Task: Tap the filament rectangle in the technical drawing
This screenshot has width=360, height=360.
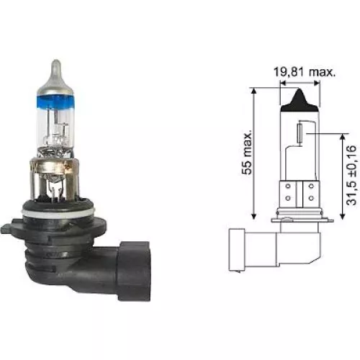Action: click(300, 132)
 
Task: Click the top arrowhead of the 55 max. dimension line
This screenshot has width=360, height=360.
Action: click(255, 89)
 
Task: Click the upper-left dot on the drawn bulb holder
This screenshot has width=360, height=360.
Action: click(287, 184)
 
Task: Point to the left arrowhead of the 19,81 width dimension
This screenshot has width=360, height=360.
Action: click(281, 85)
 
